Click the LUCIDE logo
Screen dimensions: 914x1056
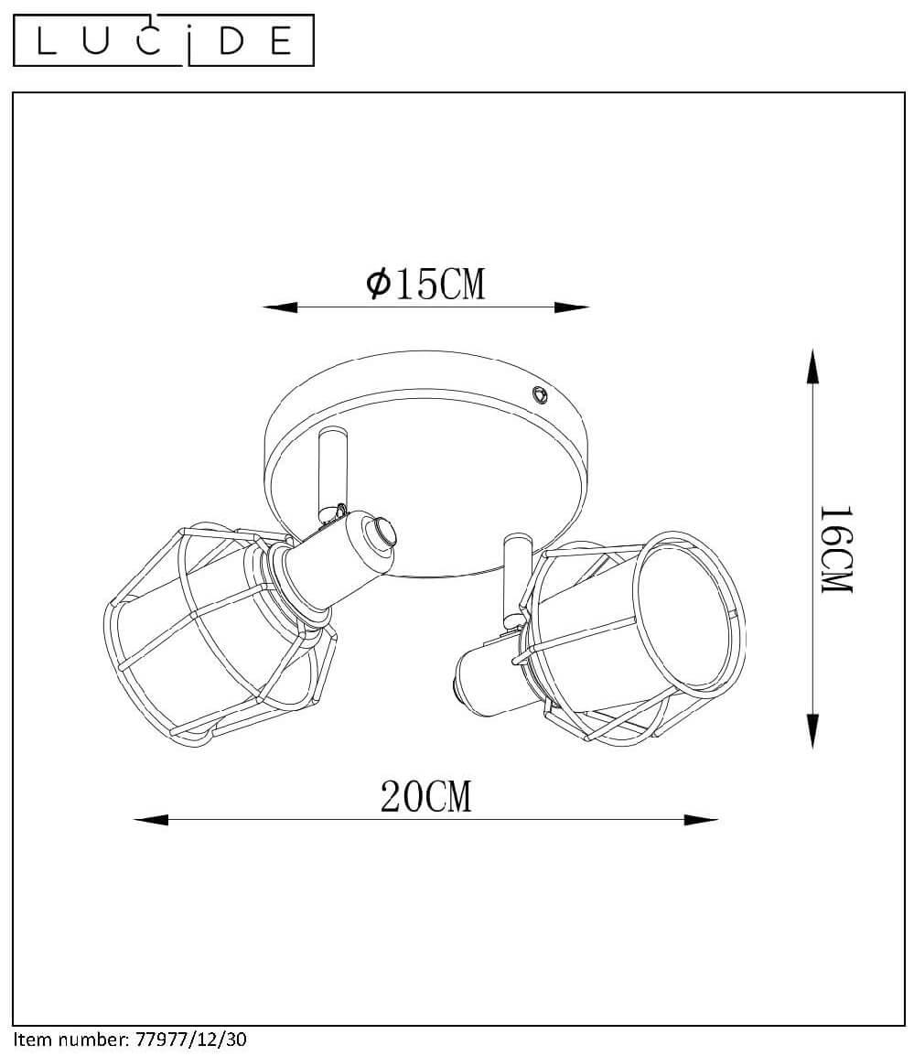[164, 40]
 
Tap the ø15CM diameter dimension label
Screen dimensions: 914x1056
[425, 284]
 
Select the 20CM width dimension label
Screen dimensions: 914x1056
[425, 797]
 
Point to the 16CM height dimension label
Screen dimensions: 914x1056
[836, 549]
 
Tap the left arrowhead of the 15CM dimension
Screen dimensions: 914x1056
[280, 307]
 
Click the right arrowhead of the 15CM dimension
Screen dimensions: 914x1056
[572, 307]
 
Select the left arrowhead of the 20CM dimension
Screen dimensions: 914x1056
[151, 820]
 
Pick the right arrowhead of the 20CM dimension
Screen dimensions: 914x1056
[701, 820]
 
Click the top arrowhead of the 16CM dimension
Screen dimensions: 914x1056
[813, 366]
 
